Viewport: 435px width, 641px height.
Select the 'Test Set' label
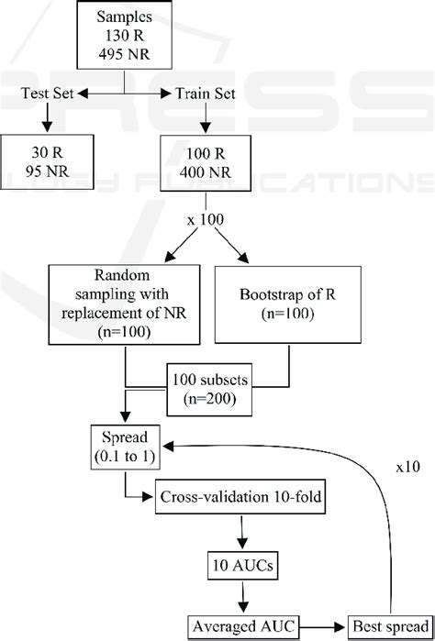coord(49,93)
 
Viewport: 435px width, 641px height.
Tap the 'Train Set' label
coord(199,93)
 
